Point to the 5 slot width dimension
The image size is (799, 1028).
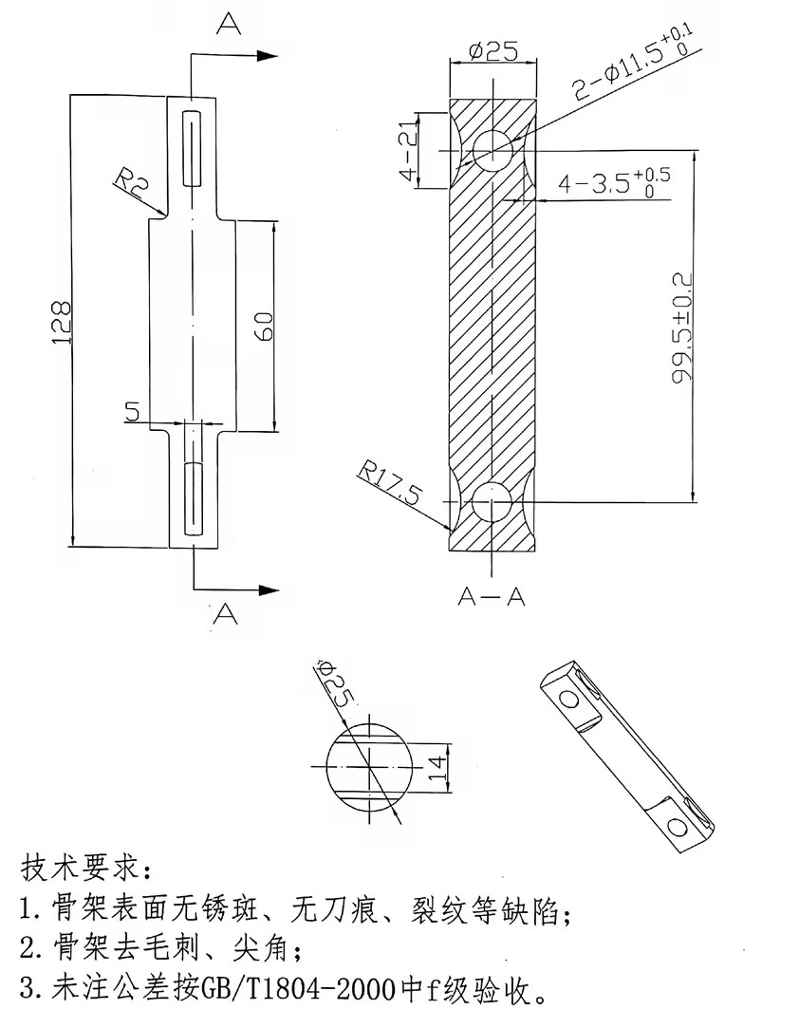(132, 412)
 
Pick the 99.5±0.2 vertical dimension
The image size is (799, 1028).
(681, 327)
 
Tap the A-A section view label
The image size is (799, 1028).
(492, 596)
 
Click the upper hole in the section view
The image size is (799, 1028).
(493, 150)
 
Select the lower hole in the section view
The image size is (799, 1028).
(492, 500)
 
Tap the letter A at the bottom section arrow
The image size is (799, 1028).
(225, 614)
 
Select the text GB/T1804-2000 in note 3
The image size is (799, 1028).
(308, 993)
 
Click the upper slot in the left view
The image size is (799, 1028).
(193, 149)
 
